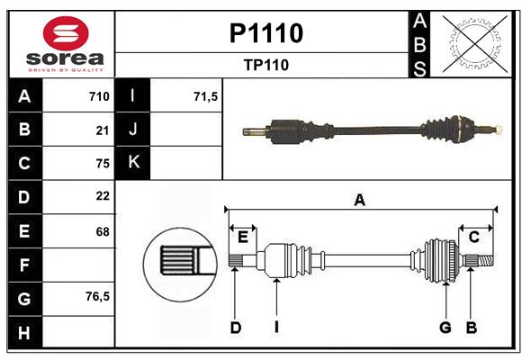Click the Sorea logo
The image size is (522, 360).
(65, 44)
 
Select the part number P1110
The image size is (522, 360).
(265, 34)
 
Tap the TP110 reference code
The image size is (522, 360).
(265, 65)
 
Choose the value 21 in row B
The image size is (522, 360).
(102, 130)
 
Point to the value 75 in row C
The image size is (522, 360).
(102, 163)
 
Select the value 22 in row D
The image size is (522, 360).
(102, 196)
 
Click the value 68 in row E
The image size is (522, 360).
(102, 231)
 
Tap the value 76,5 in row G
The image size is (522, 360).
(97, 296)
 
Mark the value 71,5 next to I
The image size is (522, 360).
(206, 96)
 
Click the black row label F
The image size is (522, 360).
(24, 265)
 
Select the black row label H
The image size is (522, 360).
(24, 333)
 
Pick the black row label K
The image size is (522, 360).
(134, 163)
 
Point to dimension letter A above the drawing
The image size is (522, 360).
(360, 200)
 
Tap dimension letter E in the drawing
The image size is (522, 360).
(243, 237)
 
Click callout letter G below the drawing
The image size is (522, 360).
(445, 328)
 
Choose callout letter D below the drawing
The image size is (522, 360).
(236, 328)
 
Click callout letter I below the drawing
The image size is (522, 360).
(276, 328)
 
